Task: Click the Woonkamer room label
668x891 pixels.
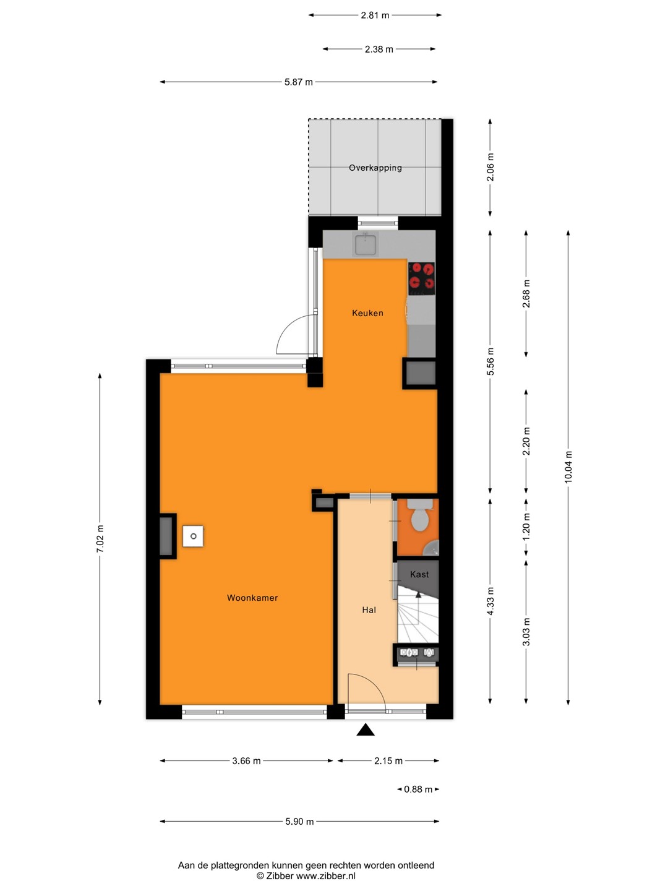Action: pyautogui.click(x=252, y=598)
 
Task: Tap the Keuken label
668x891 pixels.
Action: pyautogui.click(x=367, y=313)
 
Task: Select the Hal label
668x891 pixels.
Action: pyautogui.click(x=369, y=610)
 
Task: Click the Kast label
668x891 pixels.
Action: pyautogui.click(x=419, y=574)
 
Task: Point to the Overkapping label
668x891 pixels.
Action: pyautogui.click(x=375, y=168)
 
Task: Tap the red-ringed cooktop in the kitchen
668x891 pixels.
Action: pyautogui.click(x=421, y=279)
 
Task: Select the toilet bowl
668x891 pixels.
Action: pyautogui.click(x=420, y=520)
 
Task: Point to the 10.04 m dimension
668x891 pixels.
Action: pyautogui.click(x=568, y=467)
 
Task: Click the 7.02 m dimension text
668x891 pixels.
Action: pyautogui.click(x=100, y=538)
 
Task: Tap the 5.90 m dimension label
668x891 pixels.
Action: pyautogui.click(x=299, y=822)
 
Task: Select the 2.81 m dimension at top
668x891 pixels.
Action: pyautogui.click(x=375, y=15)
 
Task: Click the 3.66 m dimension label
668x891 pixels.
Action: pyautogui.click(x=246, y=760)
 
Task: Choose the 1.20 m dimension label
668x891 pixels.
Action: pyautogui.click(x=526, y=527)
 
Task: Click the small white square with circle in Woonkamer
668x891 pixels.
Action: pyautogui.click(x=193, y=536)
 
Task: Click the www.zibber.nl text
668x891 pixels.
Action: pyautogui.click(x=326, y=876)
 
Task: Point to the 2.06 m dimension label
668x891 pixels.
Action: pyautogui.click(x=490, y=167)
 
